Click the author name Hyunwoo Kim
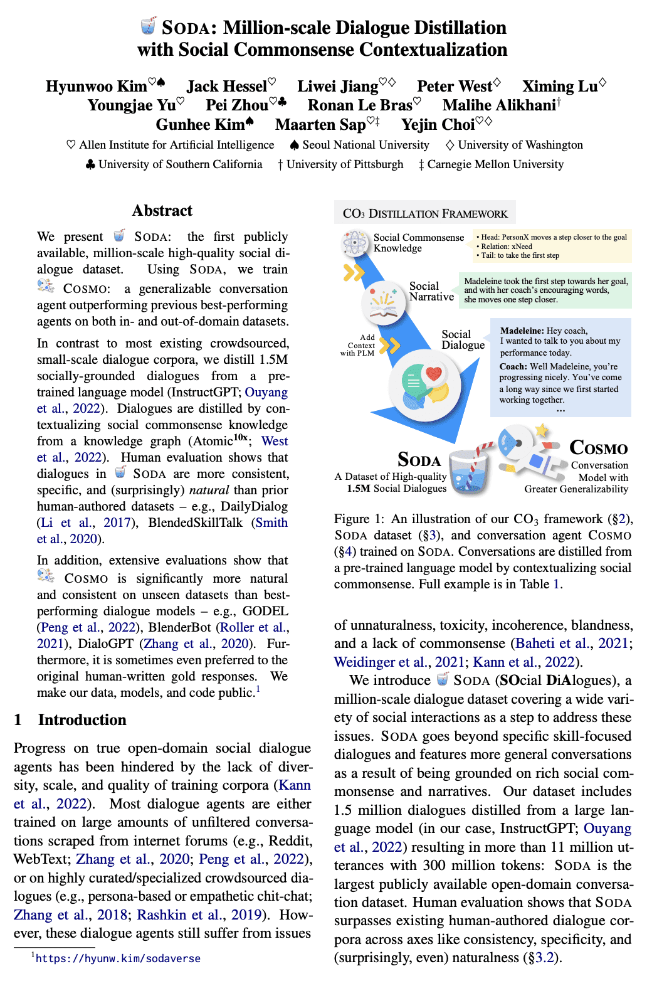97,87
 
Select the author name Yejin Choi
438,125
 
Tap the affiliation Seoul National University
366,145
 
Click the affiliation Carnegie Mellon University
495,164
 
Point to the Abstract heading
162,211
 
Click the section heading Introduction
82,720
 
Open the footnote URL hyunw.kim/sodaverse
118,958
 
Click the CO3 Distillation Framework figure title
425,213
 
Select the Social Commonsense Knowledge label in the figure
419,243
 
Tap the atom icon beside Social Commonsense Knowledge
355,242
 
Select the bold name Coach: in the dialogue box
513,366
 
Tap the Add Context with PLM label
358,345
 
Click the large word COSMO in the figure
598,448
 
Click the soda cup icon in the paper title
148,26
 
